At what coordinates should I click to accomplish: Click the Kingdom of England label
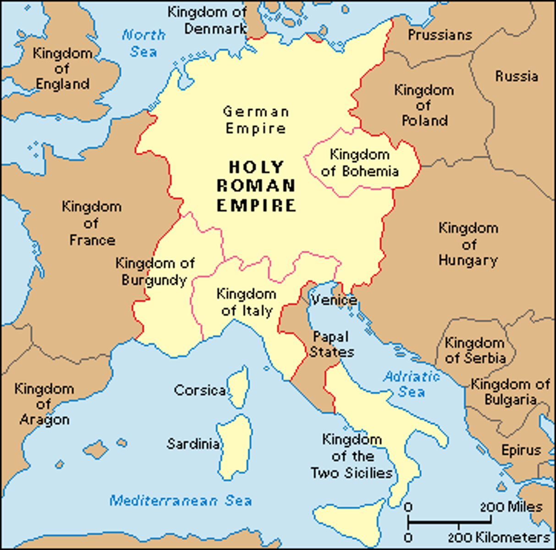(x=62, y=69)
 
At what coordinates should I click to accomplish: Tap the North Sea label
(x=143, y=43)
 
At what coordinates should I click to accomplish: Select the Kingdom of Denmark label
(x=207, y=20)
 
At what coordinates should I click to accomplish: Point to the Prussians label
(x=440, y=35)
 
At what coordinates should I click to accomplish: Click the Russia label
(x=516, y=76)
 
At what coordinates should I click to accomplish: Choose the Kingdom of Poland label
(x=424, y=105)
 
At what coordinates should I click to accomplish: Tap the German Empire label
(x=256, y=120)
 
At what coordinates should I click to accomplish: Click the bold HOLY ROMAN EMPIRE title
(x=256, y=186)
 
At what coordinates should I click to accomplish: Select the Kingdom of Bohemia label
(x=360, y=163)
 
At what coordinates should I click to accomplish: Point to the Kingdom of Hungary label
(x=468, y=244)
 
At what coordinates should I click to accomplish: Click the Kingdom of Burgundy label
(x=155, y=271)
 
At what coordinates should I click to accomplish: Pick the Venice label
(x=334, y=300)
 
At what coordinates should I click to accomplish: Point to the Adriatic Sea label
(x=411, y=384)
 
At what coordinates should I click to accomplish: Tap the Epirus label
(x=521, y=450)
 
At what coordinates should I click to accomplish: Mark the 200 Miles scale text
(x=511, y=507)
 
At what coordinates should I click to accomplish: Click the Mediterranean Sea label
(x=180, y=500)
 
